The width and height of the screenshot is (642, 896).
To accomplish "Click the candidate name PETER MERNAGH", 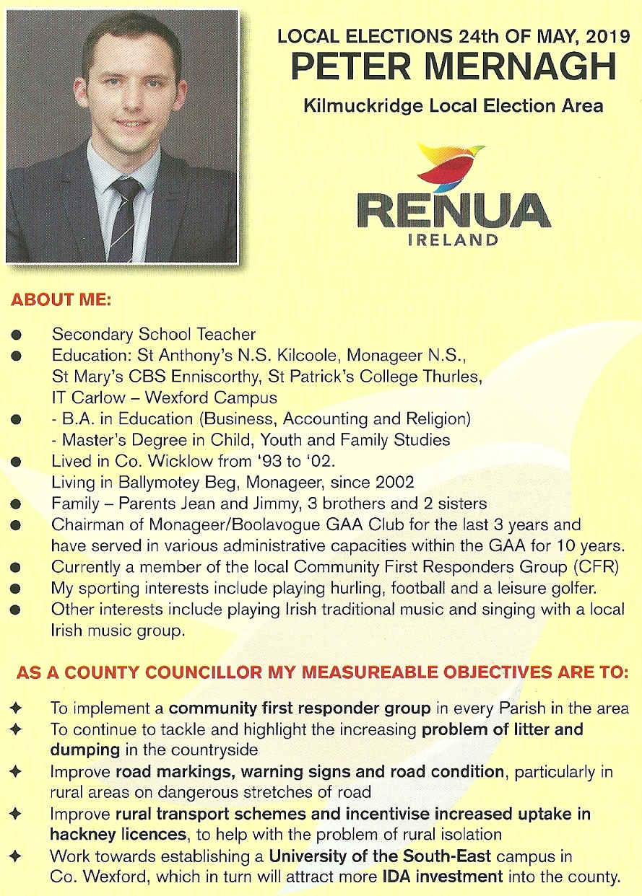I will [454, 67].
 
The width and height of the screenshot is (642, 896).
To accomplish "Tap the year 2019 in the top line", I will [591, 36].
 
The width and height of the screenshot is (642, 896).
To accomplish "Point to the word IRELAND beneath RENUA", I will [453, 239].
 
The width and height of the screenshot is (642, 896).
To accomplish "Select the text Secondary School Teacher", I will [153, 335].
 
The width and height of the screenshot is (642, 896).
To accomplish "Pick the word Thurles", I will [450, 377].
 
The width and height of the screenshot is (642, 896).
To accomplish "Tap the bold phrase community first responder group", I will [299, 708].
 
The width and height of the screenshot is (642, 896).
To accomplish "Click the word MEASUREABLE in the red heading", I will [355, 673].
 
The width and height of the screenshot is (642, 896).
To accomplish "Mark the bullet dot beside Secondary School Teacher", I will [16, 335].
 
